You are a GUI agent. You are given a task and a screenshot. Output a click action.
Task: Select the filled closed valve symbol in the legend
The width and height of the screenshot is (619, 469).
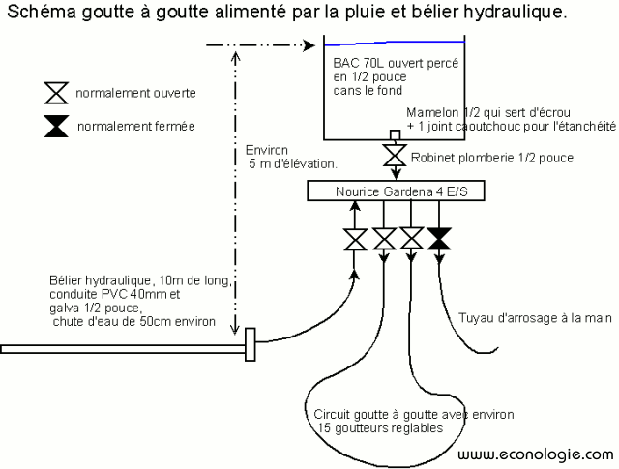pos(55,126)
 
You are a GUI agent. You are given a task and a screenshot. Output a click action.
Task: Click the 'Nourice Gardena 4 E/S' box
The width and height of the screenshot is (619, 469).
pos(396,191)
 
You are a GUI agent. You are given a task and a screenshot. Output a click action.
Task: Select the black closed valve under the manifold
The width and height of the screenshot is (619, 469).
pos(439,238)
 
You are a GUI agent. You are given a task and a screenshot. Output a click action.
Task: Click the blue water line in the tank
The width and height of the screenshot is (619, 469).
pos(396,42)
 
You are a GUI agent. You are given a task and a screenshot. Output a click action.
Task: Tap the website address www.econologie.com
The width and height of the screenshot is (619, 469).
pos(534,454)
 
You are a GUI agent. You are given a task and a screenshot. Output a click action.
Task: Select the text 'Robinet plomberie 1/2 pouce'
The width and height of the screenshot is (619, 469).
pos(492,157)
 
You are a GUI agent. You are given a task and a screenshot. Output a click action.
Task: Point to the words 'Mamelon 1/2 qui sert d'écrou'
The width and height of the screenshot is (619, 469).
pos(482,111)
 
